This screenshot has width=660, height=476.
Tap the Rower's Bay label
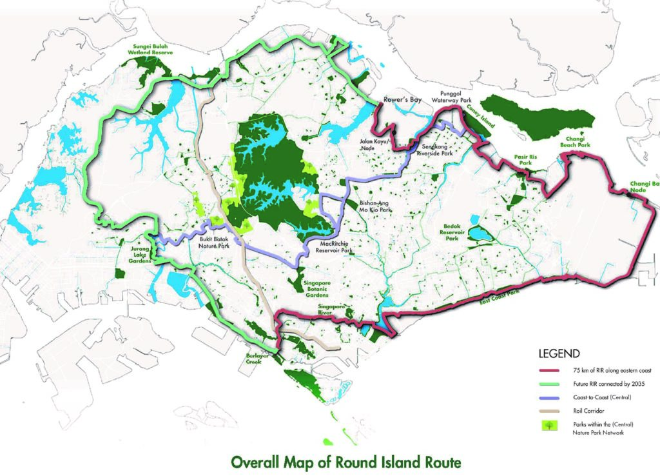coord(402,101)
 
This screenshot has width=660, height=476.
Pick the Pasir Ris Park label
coord(527,161)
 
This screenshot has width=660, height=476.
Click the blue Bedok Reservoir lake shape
coord(480,233)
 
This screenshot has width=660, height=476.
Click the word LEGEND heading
coord(559,353)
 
